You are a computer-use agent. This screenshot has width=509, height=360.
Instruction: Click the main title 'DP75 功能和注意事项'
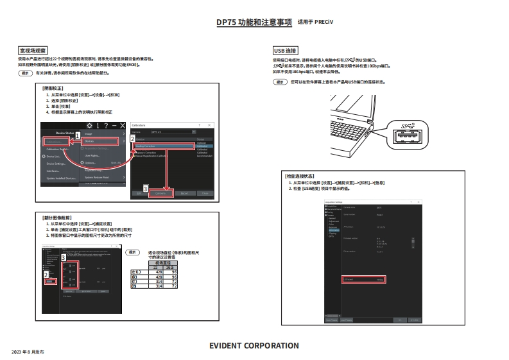[254, 22]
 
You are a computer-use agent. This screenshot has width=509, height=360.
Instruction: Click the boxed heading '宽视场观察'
[33, 49]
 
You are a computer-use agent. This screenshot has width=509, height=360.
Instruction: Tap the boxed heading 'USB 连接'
[285, 49]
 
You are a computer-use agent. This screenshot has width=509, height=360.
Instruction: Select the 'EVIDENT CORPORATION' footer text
[254, 346]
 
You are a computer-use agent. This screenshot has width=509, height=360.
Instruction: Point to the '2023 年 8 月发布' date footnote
[28, 352]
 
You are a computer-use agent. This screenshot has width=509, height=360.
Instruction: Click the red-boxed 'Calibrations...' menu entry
[57, 141]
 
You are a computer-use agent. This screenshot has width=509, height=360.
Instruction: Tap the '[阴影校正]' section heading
[53, 87]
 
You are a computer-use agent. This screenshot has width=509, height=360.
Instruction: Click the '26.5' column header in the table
[170, 267]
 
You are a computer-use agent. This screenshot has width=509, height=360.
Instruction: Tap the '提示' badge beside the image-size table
[132, 253]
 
